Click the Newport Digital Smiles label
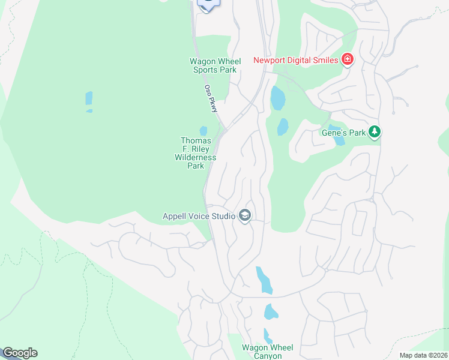click(x=297, y=59)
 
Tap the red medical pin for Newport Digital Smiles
click(x=347, y=59)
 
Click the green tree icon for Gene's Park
click(x=375, y=131)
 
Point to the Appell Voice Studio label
click(x=199, y=216)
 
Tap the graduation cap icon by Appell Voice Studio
click(x=244, y=215)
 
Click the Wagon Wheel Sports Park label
click(x=215, y=65)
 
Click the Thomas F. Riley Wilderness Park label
click(x=196, y=153)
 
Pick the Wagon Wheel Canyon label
click(x=267, y=352)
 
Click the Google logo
click(x=20, y=353)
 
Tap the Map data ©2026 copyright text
click(x=423, y=355)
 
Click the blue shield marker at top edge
click(x=208, y=4)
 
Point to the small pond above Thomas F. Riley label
click(x=203, y=131)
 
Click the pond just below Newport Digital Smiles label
click(x=277, y=98)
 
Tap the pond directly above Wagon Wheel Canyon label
click(x=267, y=335)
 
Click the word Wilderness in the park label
click(x=195, y=157)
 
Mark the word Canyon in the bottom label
click(x=267, y=356)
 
